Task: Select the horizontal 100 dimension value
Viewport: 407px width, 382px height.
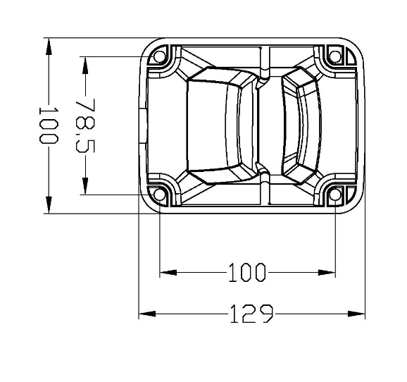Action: tap(246, 272)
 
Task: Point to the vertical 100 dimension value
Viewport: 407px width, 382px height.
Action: tap(47, 125)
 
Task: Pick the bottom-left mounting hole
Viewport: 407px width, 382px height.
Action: tap(160, 195)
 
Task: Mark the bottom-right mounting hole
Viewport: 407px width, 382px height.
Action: tap(335, 195)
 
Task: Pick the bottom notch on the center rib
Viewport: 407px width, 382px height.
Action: tap(263, 170)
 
